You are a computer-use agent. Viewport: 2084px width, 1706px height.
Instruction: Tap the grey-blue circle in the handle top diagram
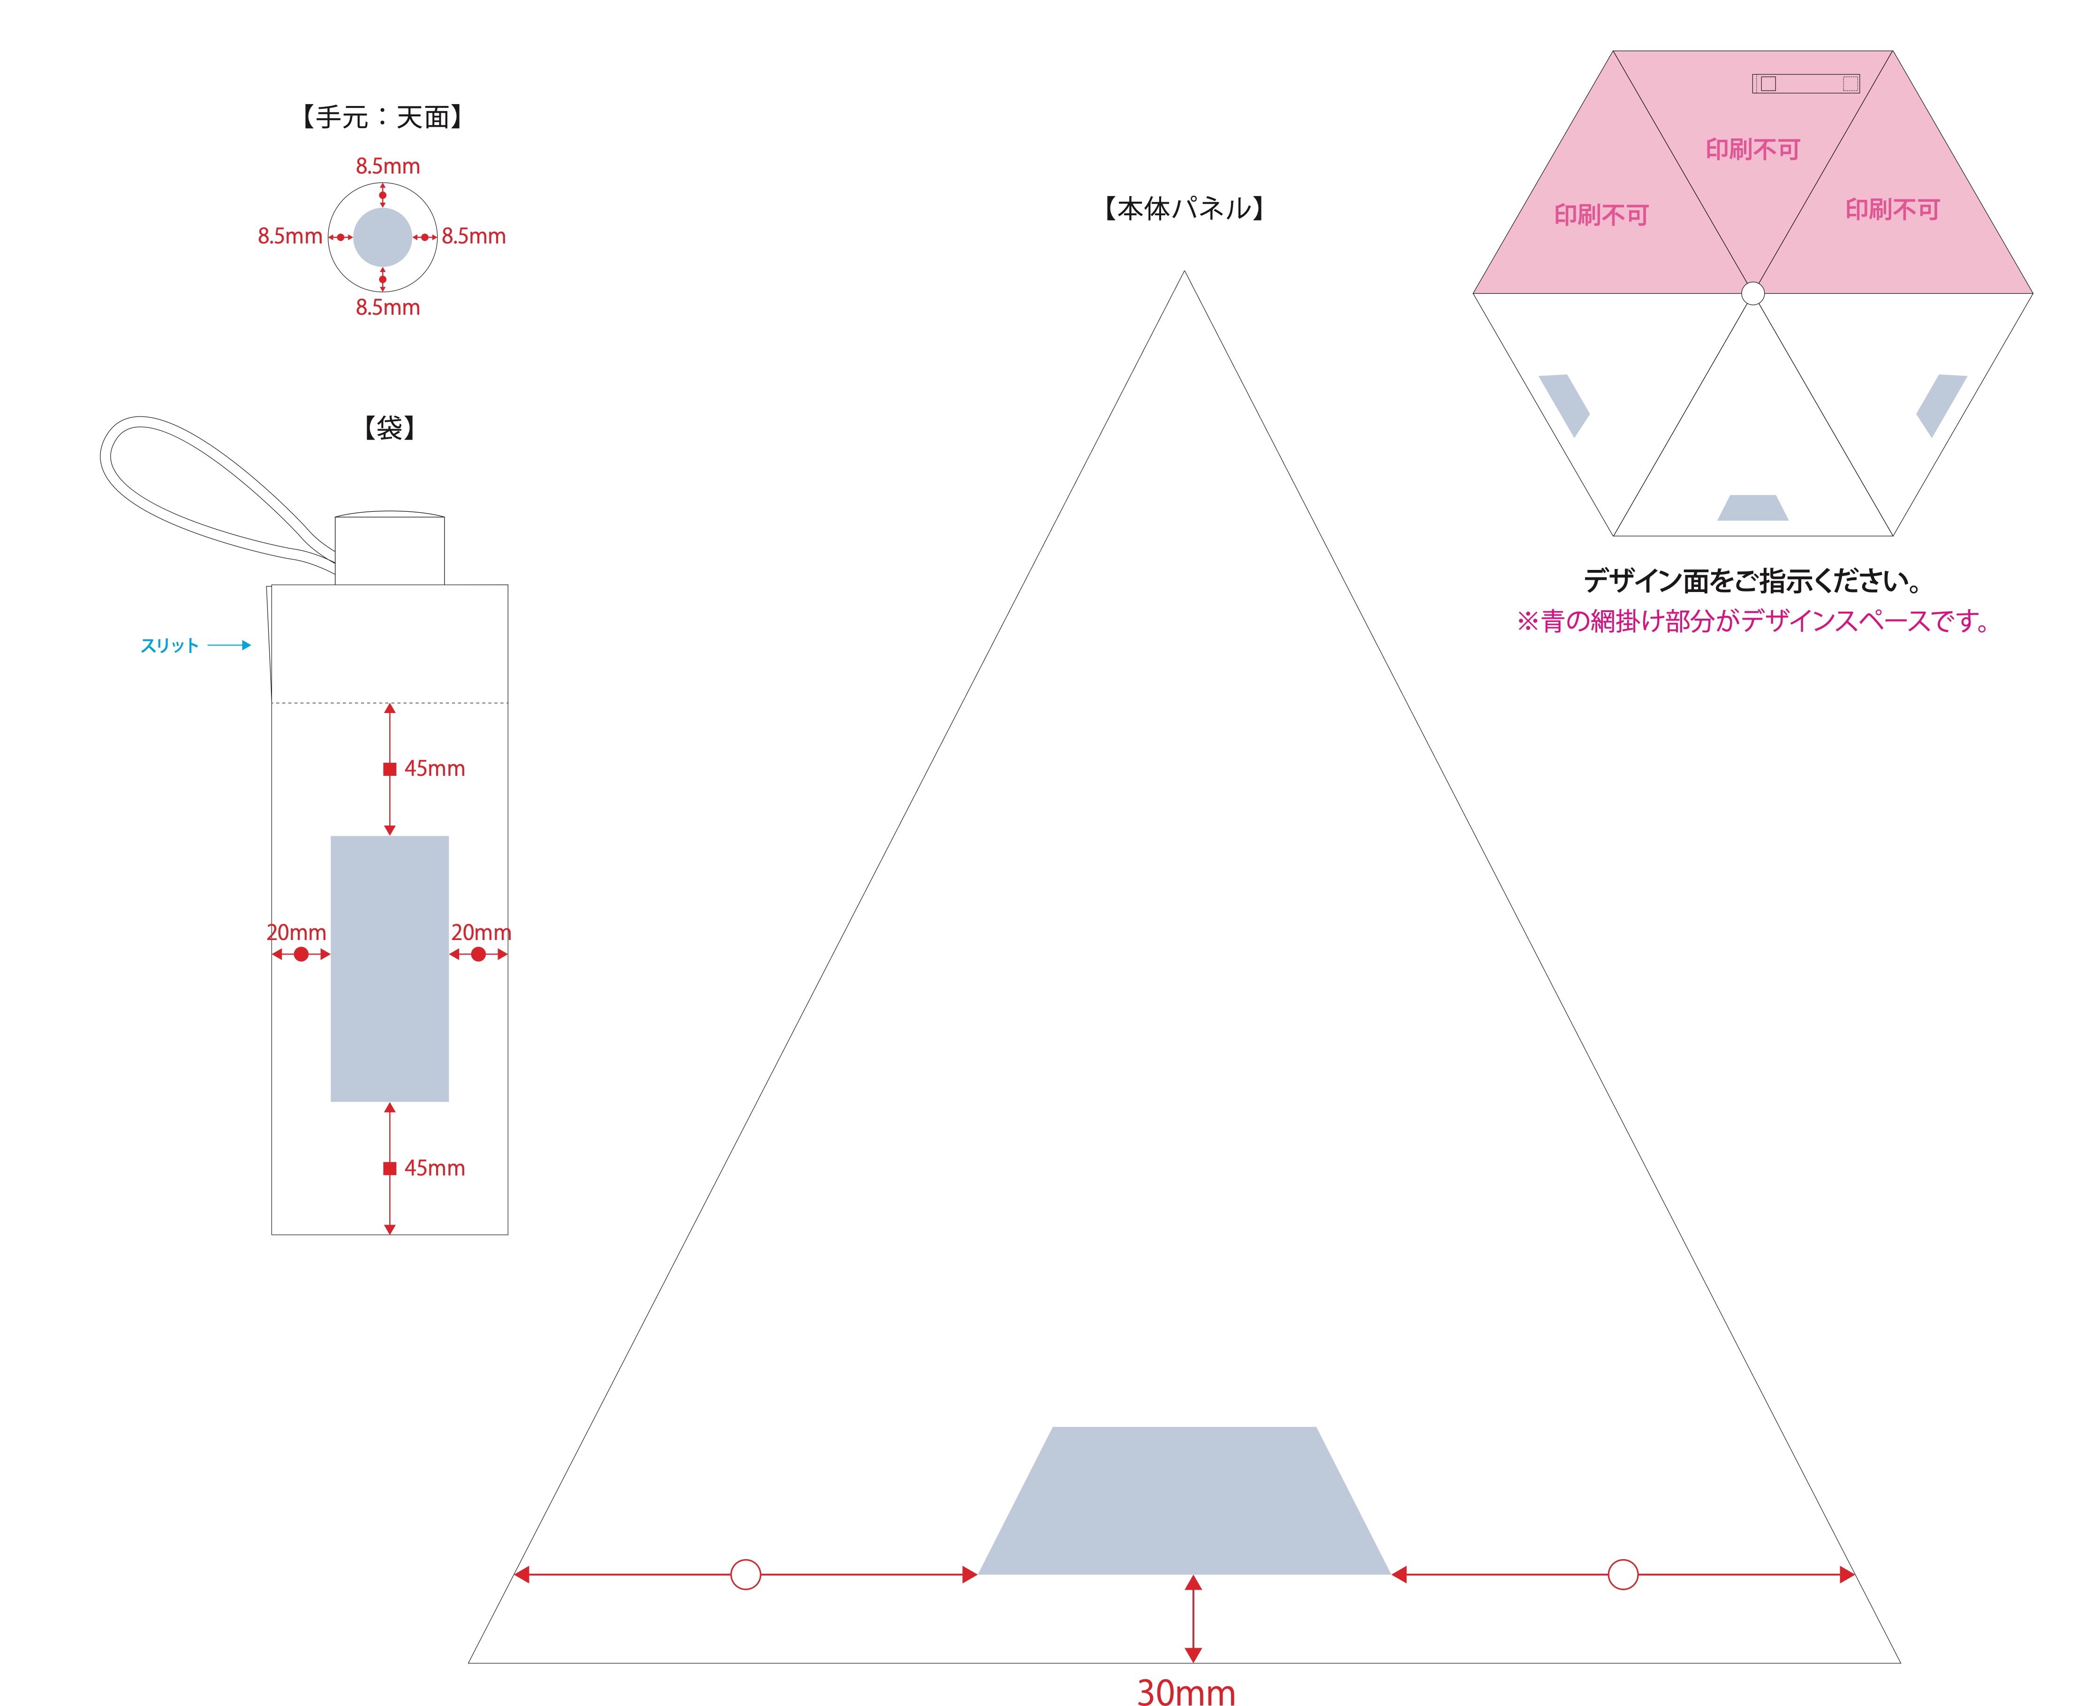tap(382, 237)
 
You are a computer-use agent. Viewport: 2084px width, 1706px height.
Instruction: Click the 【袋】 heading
tap(389, 427)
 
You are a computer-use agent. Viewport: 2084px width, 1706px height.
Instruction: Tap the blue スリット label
tap(169, 645)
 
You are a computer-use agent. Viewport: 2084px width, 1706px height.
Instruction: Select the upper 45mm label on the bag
tap(434, 768)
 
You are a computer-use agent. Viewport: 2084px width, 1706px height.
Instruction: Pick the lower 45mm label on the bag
tap(434, 1168)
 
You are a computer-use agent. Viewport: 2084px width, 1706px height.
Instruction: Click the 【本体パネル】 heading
tap(1184, 208)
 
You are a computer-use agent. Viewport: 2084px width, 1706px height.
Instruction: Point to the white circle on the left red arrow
tap(746, 1574)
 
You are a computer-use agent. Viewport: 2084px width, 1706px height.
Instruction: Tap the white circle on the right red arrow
tap(1623, 1574)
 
